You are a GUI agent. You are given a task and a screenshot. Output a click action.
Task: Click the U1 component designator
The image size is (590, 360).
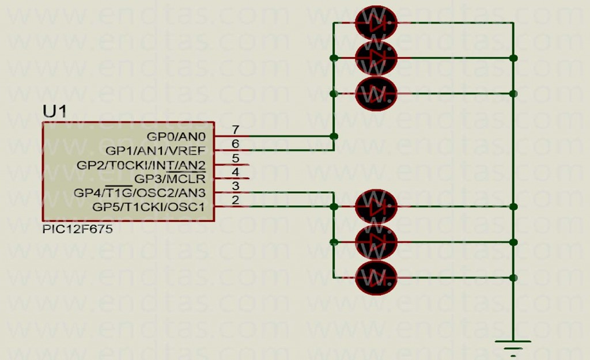point(55,111)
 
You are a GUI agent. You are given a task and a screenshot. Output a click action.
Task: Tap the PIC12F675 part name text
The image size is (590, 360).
point(78,229)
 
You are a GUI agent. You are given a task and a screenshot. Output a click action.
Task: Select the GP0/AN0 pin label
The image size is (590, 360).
point(176,137)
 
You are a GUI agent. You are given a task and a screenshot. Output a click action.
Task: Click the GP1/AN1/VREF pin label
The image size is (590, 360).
point(156,151)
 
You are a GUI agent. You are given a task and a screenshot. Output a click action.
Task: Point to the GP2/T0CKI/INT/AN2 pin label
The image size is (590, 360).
point(141,165)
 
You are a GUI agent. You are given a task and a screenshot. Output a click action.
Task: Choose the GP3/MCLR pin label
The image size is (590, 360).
point(170,179)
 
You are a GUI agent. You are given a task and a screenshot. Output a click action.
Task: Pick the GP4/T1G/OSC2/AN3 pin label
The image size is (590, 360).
point(139,193)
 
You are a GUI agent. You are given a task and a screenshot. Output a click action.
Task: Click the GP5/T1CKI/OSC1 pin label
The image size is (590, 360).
point(149,207)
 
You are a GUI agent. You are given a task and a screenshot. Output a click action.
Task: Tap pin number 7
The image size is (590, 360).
point(236,130)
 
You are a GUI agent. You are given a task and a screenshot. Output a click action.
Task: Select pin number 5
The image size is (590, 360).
point(236,158)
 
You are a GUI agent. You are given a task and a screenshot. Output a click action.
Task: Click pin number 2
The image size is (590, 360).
point(236,200)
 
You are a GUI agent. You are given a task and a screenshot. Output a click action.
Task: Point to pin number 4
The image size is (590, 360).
point(236,172)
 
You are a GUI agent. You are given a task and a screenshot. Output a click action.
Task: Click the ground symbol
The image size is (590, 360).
point(513,347)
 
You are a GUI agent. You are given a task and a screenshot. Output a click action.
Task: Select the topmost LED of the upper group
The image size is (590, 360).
point(376,22)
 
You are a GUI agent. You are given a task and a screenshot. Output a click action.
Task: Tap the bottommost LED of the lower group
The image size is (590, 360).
point(376,278)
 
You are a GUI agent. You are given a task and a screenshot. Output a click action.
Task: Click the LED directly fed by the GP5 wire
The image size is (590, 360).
point(376,207)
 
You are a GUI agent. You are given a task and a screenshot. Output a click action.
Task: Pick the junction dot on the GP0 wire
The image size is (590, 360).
point(334,136)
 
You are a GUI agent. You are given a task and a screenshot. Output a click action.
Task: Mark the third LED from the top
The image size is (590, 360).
point(376,93)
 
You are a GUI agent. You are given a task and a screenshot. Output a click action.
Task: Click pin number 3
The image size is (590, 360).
point(236,186)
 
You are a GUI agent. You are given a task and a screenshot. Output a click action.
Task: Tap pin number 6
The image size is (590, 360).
point(236,143)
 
